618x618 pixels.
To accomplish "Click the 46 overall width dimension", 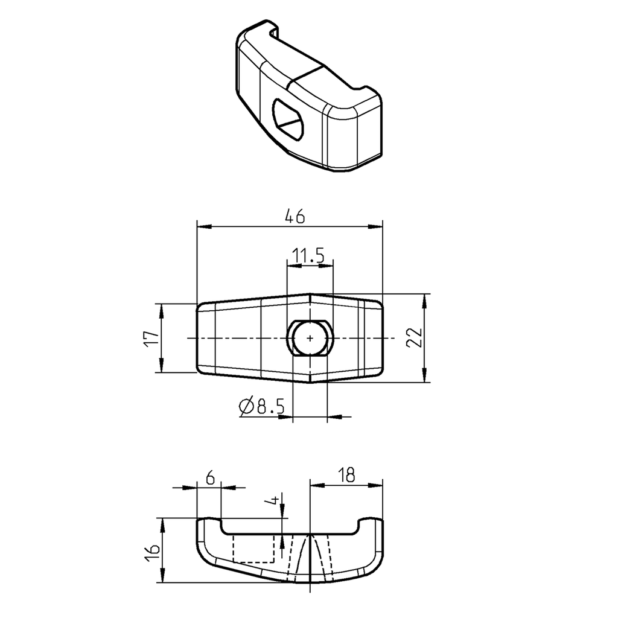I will click(x=295, y=216).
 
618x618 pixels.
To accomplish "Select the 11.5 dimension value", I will click(x=310, y=256).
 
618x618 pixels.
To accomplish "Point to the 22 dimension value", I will click(x=413, y=338).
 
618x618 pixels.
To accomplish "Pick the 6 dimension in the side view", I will click(x=209, y=478).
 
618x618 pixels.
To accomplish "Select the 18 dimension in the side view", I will click(x=346, y=474).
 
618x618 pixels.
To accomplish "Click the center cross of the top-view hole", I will click(x=310, y=338).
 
